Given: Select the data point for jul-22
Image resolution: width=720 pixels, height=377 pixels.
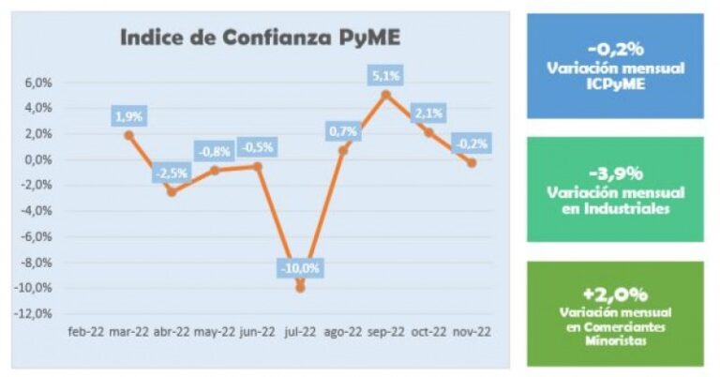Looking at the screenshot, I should point(300,287).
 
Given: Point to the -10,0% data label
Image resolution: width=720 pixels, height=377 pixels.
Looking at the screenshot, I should point(300,268).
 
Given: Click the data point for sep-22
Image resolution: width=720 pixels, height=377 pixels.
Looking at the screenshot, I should point(385,94).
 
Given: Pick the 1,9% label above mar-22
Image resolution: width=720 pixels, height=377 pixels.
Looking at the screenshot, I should point(128,117).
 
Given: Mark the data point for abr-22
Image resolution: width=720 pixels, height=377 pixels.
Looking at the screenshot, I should point(172,191).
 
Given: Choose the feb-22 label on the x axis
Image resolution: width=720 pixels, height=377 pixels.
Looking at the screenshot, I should point(86,331).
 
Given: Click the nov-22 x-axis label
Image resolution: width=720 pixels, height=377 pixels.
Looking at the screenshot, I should point(472,331).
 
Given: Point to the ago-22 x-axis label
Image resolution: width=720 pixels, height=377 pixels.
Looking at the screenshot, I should point(343,331).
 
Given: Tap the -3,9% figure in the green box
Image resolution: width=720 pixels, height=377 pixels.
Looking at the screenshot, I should point(615,173).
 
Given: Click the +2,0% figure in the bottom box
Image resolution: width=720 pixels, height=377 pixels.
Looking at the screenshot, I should point(615,294).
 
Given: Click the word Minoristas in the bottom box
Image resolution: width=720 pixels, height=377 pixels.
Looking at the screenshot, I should point(615,339).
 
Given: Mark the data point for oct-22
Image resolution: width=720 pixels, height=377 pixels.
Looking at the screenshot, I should point(428,132).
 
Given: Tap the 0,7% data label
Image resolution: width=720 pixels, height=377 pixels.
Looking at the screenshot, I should point(341,131).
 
